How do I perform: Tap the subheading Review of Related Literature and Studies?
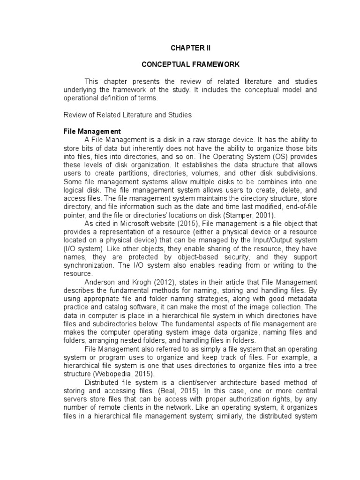click(127, 114)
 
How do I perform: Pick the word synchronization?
click(86, 265)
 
